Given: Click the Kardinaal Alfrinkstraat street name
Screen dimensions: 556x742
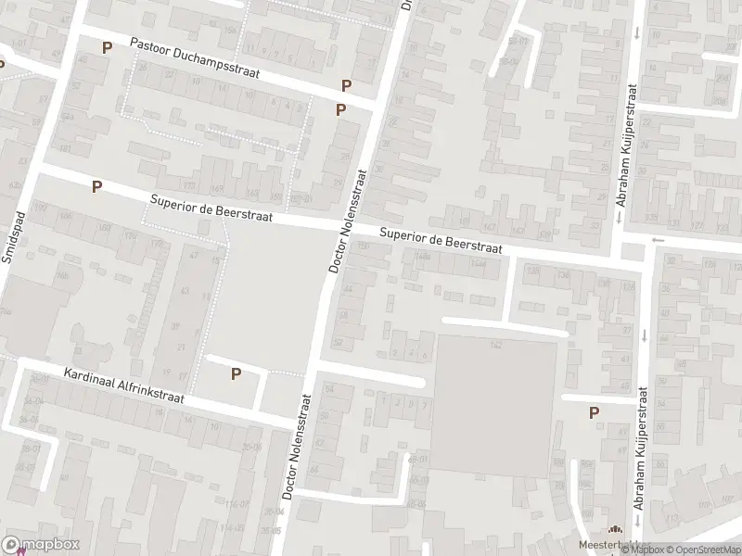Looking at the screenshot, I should pyautogui.click(x=124, y=387).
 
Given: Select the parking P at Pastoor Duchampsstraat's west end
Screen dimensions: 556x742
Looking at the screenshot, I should pyautogui.click(x=107, y=47).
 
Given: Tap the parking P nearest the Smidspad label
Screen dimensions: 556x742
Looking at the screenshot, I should pyautogui.click(x=96, y=186).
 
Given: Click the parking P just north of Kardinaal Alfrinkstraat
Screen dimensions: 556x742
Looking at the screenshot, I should pyautogui.click(x=236, y=373).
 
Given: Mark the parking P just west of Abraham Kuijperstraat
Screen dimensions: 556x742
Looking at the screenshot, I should pyautogui.click(x=594, y=413).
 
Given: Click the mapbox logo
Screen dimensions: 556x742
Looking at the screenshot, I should pyautogui.click(x=41, y=545).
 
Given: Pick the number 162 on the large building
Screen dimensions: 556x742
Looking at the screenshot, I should pyautogui.click(x=495, y=345).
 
